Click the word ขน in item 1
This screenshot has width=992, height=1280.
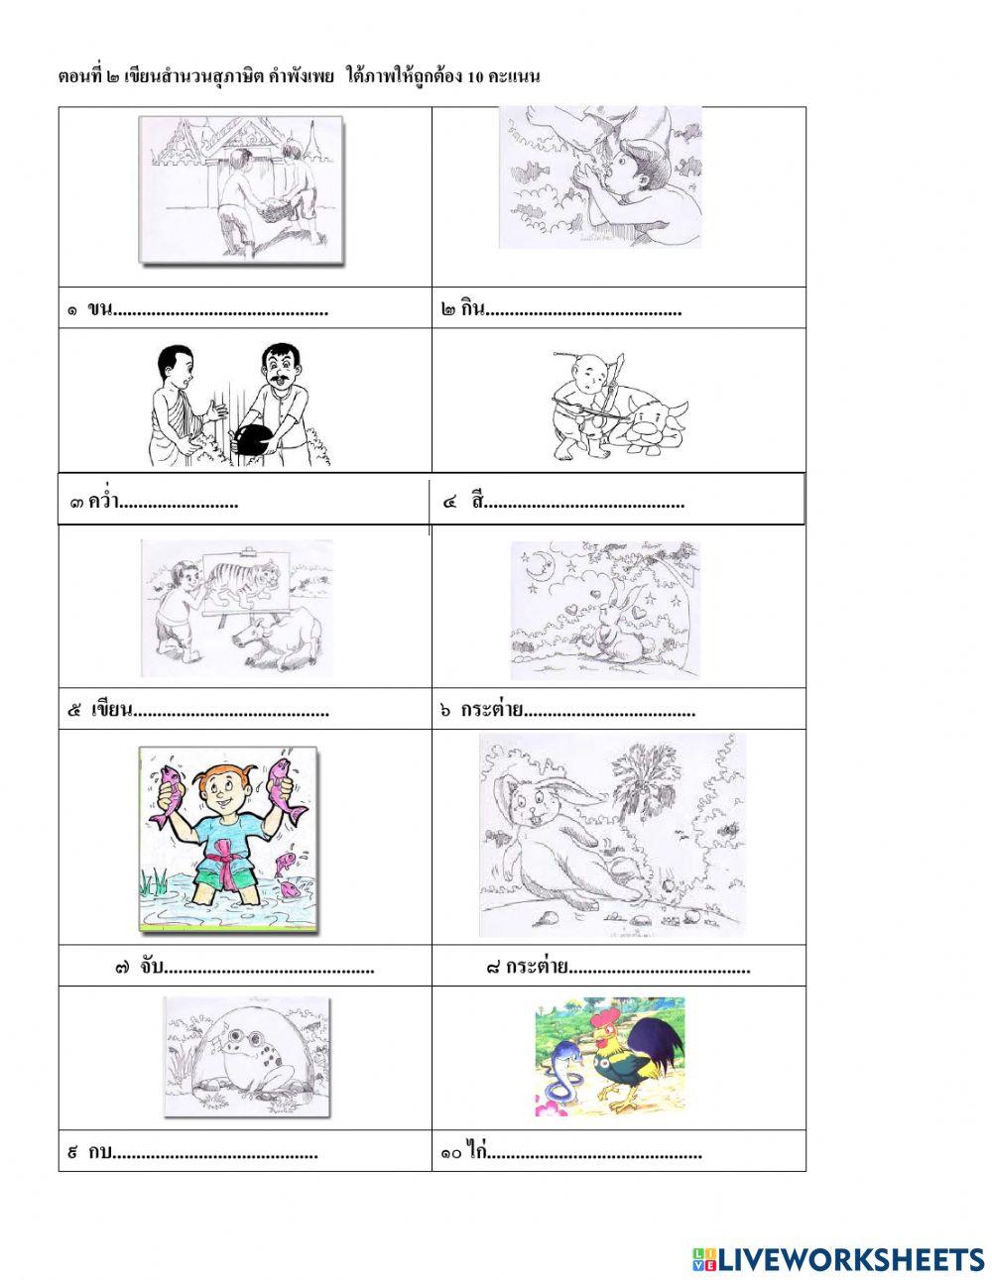pos(99,308)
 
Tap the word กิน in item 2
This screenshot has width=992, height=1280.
pos(473,307)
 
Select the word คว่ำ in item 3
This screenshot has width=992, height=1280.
pos(104,501)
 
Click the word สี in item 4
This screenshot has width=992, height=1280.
pos(478,501)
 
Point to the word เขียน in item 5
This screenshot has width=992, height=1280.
pos(112,709)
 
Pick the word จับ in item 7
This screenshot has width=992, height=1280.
pos(152,967)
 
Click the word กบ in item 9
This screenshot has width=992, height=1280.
pos(100,1151)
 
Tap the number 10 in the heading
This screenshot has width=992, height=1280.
pos(475,77)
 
